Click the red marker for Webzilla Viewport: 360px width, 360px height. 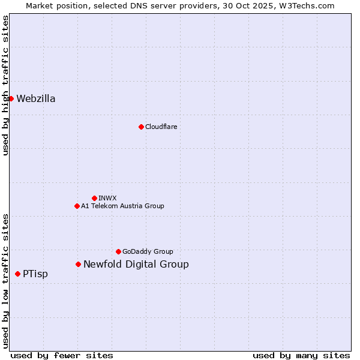11,98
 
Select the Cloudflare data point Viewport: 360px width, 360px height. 141,127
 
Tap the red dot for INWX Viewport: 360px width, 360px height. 94,198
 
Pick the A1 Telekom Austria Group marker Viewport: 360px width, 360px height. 77,206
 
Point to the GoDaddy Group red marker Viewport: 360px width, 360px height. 118,251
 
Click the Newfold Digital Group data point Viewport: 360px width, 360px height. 78,264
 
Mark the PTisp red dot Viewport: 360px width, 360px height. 17,274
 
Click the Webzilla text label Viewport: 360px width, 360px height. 36,98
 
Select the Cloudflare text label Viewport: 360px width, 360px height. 161,127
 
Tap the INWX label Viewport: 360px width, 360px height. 107,198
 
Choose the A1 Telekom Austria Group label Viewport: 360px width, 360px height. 122,206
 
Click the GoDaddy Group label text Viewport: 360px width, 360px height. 148,251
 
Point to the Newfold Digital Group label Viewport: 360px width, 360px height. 136,264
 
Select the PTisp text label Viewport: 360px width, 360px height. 35,274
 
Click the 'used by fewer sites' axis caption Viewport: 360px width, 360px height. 62,355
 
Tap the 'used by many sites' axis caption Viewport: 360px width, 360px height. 301,355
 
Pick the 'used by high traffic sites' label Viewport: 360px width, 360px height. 5,85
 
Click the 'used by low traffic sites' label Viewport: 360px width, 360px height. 5,280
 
